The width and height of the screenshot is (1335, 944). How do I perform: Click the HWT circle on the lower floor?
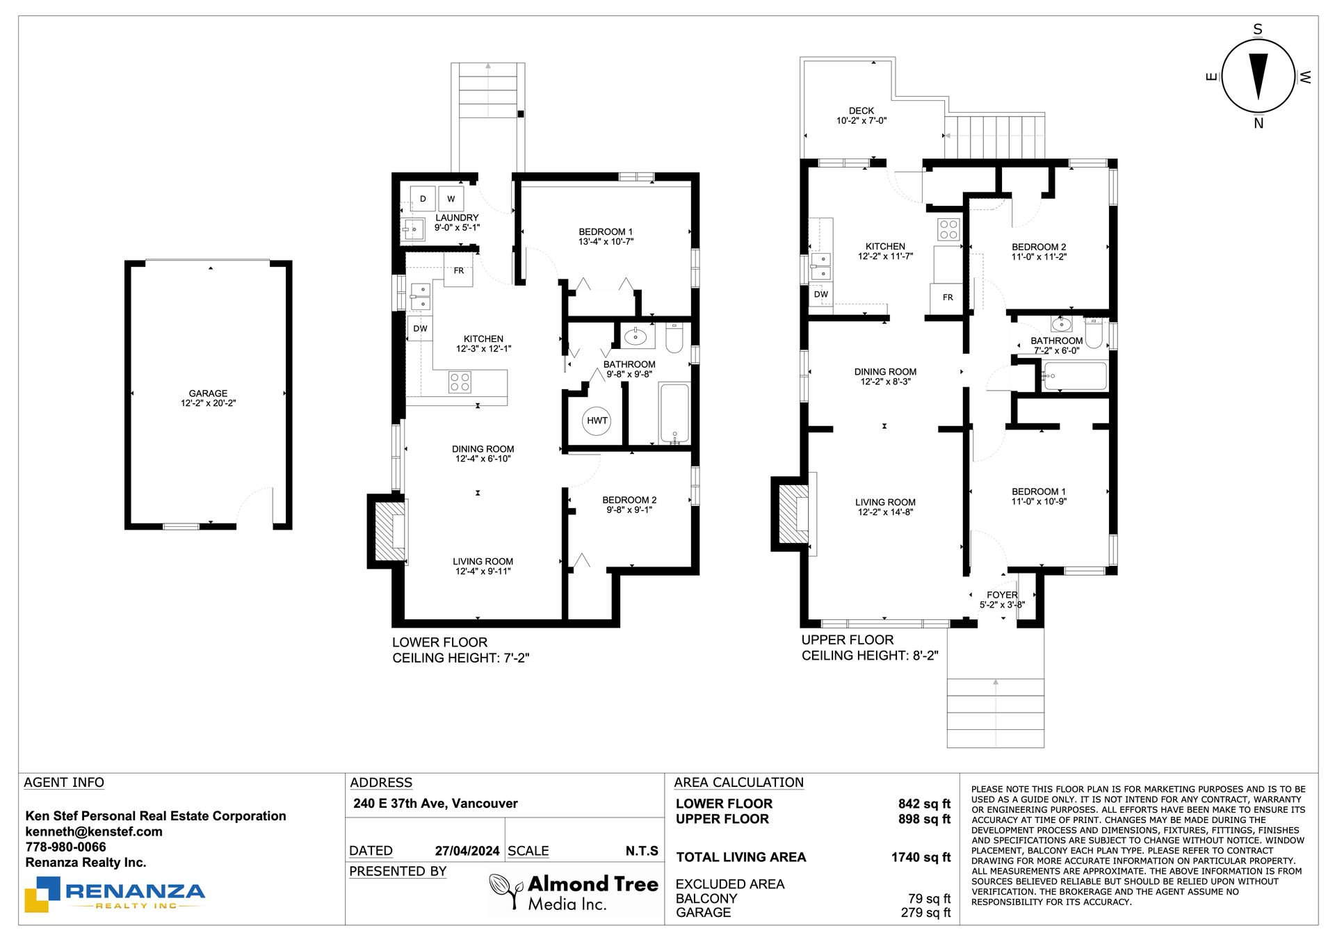597,421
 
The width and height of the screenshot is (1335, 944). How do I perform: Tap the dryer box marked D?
423,199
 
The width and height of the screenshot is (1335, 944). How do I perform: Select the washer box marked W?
451,199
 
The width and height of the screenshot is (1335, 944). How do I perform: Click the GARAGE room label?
208,393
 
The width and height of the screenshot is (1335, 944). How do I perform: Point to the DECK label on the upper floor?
861,111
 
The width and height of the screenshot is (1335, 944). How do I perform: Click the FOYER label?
1002,595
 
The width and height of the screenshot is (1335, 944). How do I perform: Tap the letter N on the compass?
1259,124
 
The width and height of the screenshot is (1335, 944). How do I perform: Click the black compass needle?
1259,76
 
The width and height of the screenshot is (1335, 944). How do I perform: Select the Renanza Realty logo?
115,894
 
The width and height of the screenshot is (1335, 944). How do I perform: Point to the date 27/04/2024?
467,851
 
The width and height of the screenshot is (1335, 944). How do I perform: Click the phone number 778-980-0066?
66,847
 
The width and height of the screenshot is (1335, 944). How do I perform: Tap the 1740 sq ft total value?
921,857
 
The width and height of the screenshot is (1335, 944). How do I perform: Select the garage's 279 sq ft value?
925,913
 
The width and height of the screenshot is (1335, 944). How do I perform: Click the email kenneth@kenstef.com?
94,831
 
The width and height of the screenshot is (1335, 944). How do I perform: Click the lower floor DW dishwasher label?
421,329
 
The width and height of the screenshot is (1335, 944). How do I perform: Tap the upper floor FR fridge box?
947,298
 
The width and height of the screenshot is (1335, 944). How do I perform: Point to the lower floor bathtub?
674,413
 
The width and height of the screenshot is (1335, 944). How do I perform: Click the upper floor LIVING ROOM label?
885,502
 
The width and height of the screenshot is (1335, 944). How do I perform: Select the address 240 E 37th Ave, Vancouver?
435,804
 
